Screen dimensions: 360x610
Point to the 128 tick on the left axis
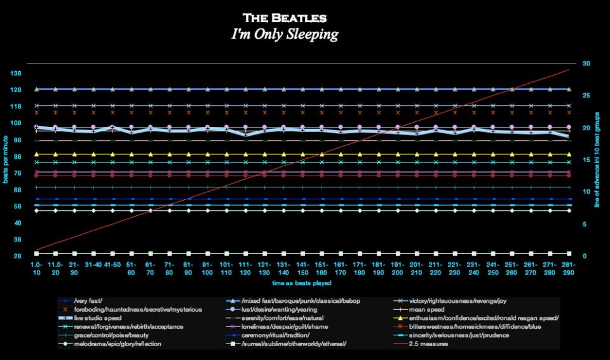[16, 90]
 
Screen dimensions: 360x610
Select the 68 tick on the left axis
[16, 190]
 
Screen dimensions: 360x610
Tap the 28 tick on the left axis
[16, 256]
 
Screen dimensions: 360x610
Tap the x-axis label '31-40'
[93, 263]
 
